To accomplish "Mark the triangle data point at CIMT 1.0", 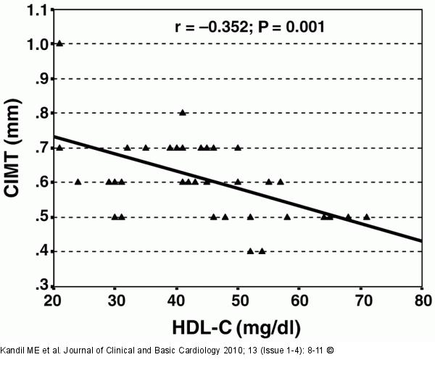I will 59,43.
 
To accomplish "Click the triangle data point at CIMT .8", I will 183,112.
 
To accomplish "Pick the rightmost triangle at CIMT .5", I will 367,216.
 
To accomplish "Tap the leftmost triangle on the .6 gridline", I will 78,182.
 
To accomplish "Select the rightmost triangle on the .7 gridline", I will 238,147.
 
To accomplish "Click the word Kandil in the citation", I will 16,351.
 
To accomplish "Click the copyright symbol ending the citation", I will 331,351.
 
